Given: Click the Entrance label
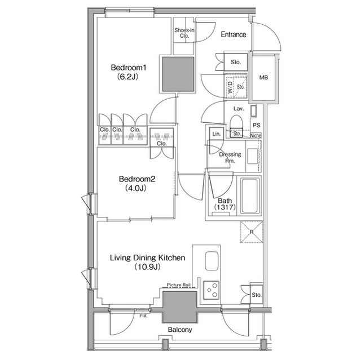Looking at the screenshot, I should (x=233, y=35).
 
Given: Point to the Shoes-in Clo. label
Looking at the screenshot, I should (x=184, y=33).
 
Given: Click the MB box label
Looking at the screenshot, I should (x=263, y=78).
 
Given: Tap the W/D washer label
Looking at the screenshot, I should (x=230, y=88).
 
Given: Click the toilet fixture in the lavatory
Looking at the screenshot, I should (x=236, y=124).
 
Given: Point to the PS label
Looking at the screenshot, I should (x=257, y=125).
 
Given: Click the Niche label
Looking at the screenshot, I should (x=256, y=135).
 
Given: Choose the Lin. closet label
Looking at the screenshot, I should (x=216, y=134).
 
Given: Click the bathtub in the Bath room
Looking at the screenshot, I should (x=249, y=196).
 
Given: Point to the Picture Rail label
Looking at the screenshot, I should (x=180, y=286).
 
